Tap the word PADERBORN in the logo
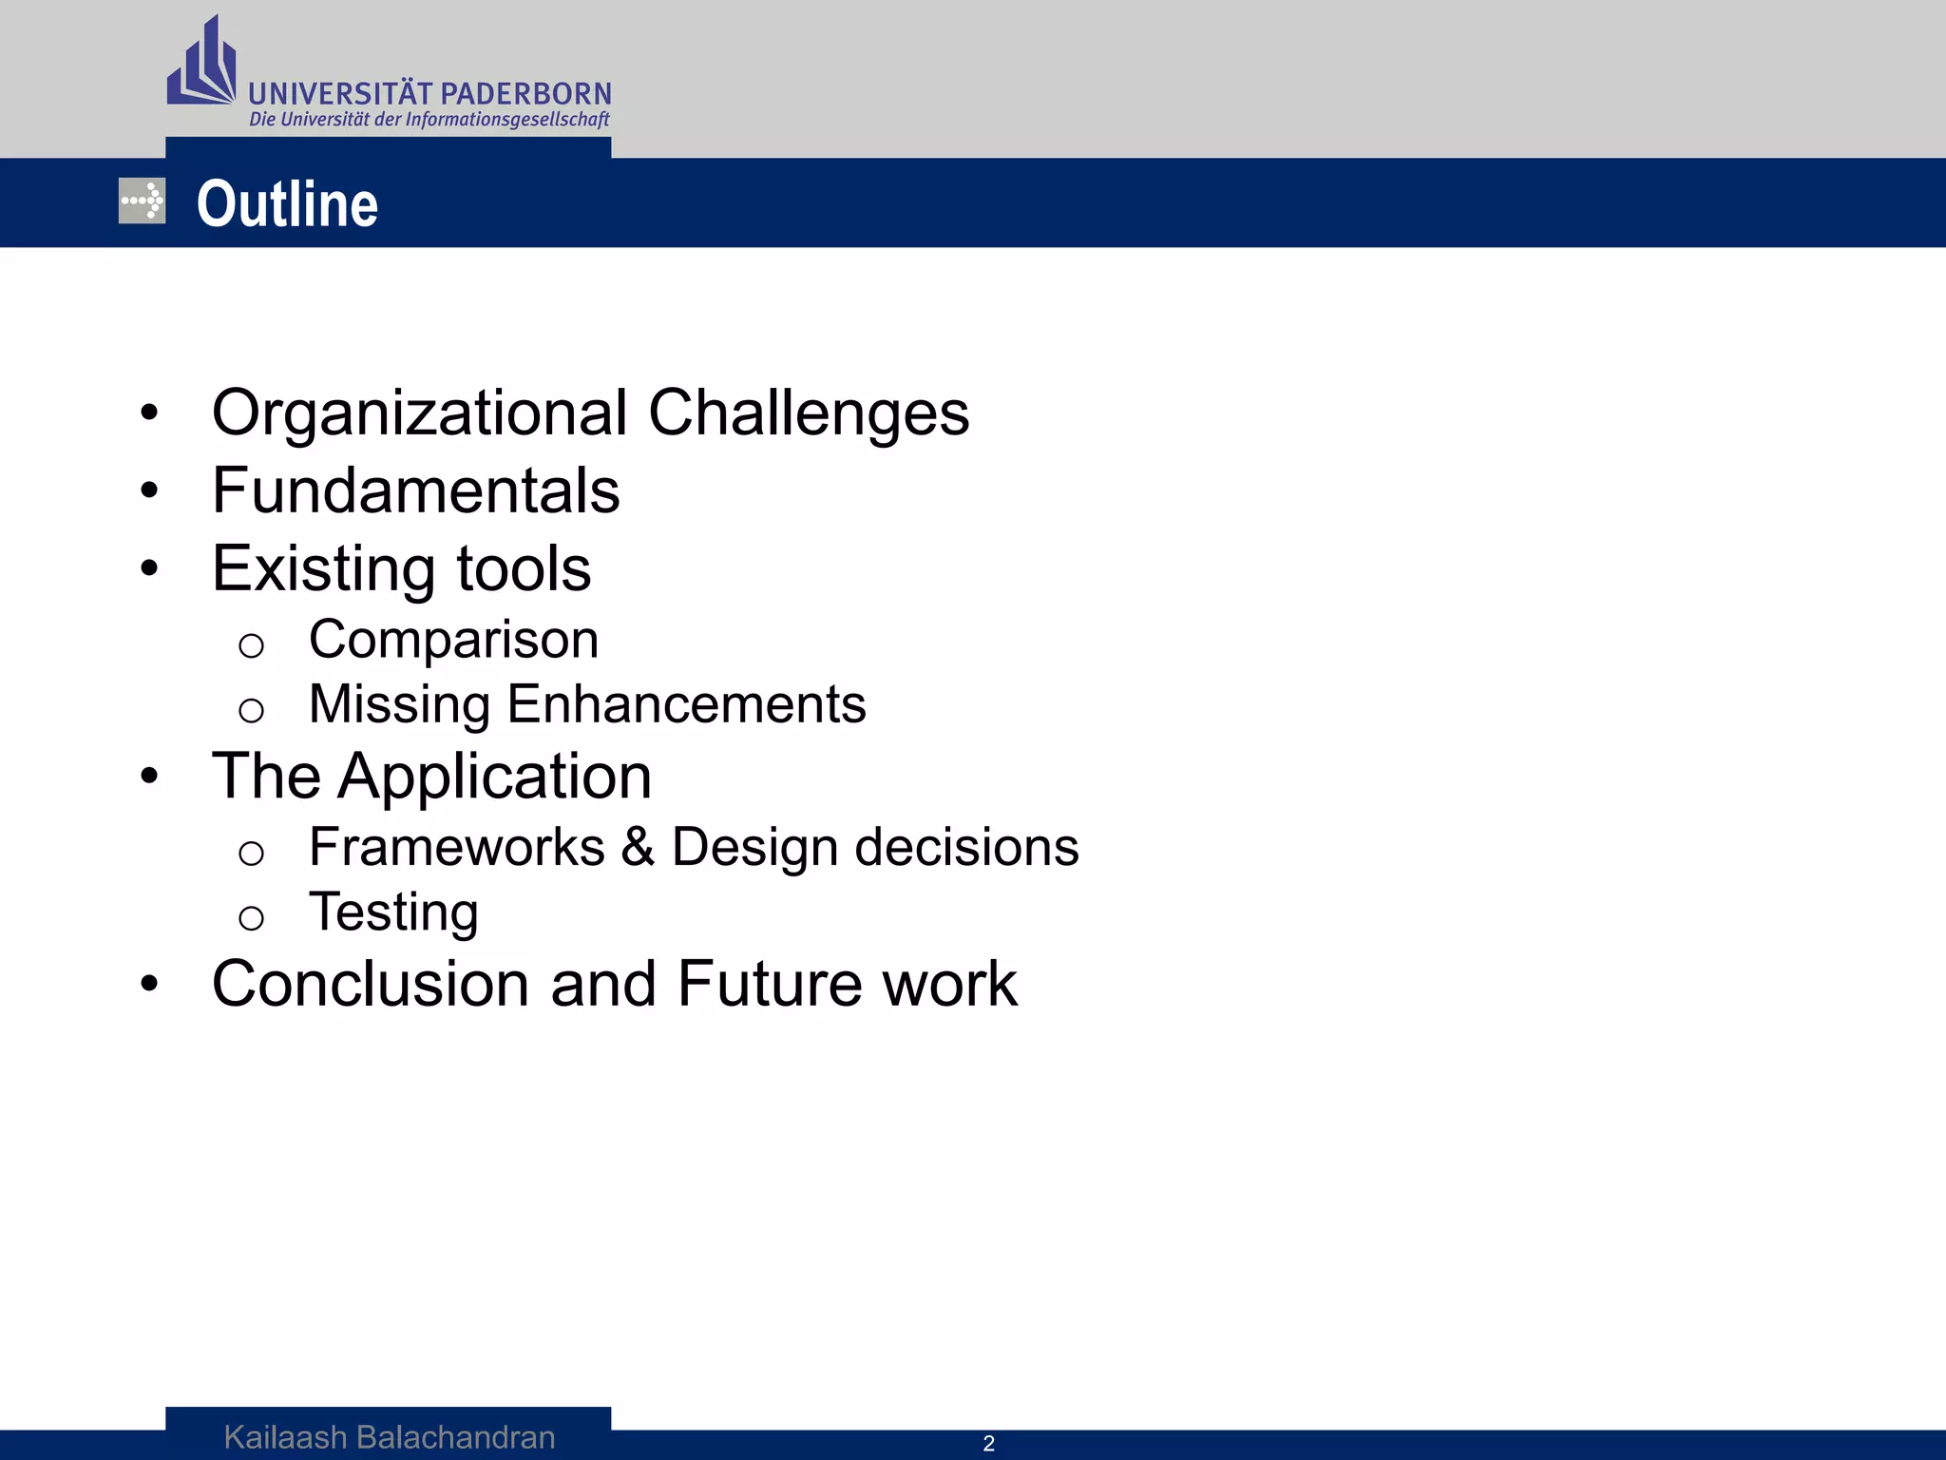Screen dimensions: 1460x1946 (526, 94)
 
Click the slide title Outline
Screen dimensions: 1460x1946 (287, 204)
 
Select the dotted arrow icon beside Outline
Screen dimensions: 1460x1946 (143, 202)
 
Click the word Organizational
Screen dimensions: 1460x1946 (419, 413)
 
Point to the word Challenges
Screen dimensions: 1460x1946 (809, 413)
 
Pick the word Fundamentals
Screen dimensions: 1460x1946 (415, 491)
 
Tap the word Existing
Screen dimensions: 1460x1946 (323, 569)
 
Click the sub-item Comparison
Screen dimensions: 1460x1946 (453, 640)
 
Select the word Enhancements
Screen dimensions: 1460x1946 (686, 704)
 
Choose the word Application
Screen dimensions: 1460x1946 (495, 778)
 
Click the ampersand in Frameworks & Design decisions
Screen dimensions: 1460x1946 (638, 847)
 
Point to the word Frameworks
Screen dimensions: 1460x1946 (456, 847)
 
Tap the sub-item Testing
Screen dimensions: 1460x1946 (393, 912)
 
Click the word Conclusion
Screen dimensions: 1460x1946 (370, 984)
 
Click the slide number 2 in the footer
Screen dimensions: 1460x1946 (988, 1444)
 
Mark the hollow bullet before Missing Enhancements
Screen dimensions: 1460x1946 (251, 710)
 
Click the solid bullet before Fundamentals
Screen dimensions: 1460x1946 (149, 491)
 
